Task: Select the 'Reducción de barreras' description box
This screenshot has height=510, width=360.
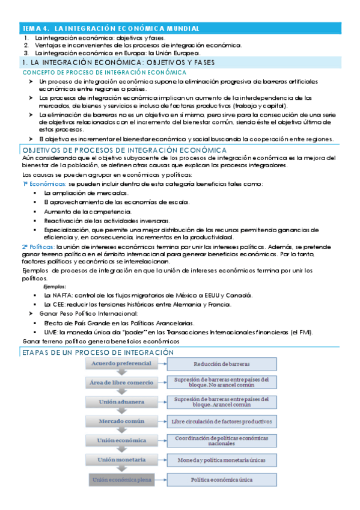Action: [x=221, y=364]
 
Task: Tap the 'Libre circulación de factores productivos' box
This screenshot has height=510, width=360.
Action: [x=221, y=422]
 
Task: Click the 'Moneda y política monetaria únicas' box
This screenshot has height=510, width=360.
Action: [x=221, y=460]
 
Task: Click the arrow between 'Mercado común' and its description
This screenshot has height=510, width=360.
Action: [x=159, y=422]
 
